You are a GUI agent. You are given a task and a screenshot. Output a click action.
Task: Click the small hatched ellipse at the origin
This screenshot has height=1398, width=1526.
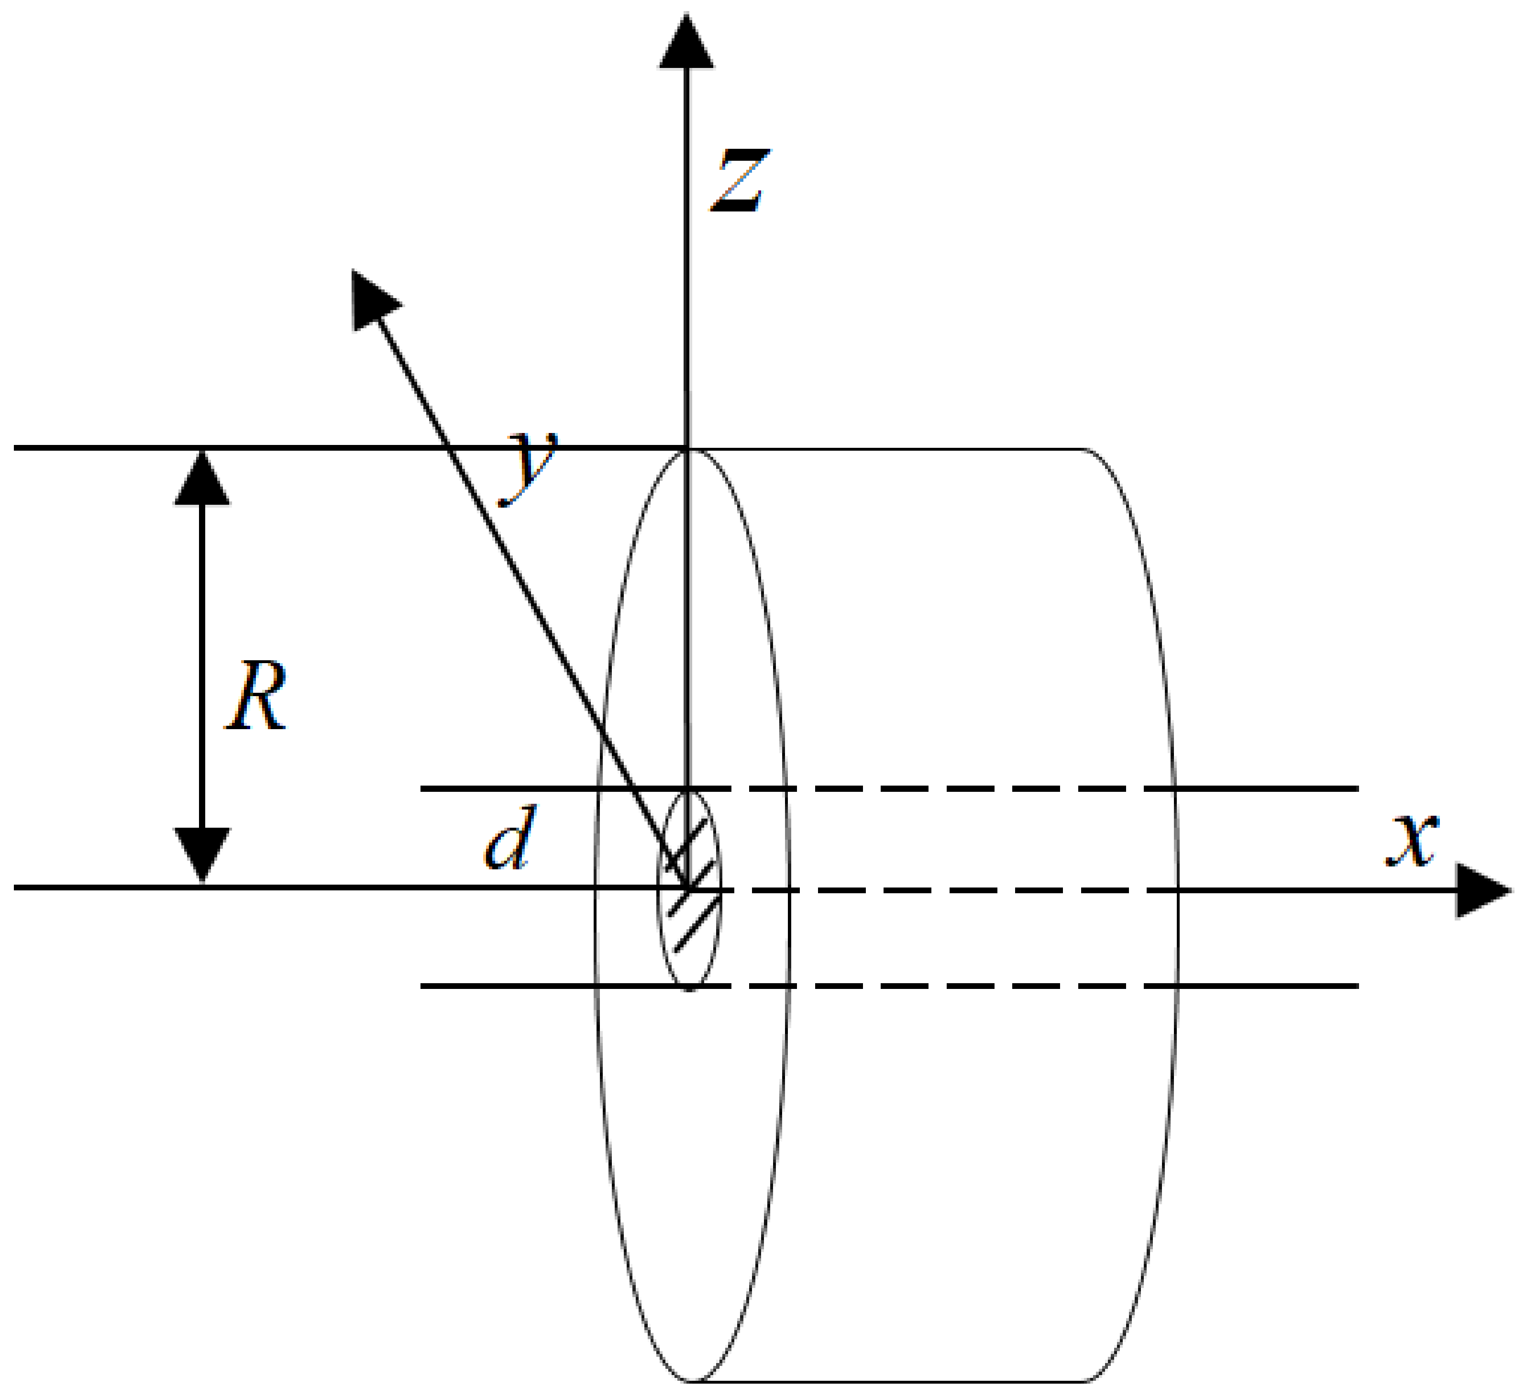click(689, 890)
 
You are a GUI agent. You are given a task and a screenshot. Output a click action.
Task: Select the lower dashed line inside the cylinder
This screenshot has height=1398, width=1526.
click(946, 986)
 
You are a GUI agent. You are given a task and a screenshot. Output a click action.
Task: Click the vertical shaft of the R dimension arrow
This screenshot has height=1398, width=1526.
click(201, 666)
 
